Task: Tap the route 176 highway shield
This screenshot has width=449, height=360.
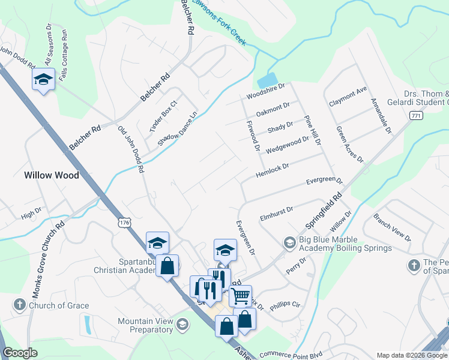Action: point(124,223)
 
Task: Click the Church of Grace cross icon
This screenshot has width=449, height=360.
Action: point(19,305)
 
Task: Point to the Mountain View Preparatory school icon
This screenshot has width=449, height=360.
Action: point(182,325)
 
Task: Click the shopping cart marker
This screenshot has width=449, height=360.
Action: point(240,295)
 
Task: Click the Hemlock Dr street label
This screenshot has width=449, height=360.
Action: point(272,170)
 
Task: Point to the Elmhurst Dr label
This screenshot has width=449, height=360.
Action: point(276,213)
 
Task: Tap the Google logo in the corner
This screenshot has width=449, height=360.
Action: point(20,353)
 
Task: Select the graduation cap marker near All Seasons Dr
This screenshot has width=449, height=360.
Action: point(44,80)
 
